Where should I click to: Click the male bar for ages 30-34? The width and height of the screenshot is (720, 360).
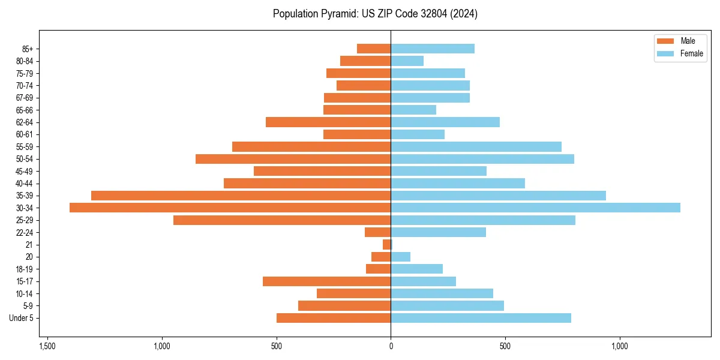230,208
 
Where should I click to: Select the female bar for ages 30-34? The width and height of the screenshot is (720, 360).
535,208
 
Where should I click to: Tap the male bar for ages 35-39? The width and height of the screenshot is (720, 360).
241,196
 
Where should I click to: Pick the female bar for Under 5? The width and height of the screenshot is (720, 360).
481,318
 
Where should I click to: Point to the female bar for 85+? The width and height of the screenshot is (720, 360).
433,49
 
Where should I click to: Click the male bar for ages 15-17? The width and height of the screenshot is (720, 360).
326,281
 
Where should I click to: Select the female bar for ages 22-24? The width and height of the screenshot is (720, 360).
438,232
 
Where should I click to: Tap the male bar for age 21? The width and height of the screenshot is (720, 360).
386,245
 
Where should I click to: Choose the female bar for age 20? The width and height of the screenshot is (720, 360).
400,257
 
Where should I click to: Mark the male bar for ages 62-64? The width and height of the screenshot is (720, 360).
328,122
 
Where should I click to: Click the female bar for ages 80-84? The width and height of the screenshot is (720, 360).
407,61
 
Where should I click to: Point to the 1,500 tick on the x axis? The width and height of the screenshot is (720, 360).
47,346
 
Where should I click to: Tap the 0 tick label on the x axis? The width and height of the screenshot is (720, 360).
391,346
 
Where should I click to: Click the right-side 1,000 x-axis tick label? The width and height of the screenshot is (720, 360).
620,346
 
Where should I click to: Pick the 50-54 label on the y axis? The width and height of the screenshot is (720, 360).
25,159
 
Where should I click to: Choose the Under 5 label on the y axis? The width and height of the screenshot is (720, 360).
22,318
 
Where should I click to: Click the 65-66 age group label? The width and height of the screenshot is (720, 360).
25,110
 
